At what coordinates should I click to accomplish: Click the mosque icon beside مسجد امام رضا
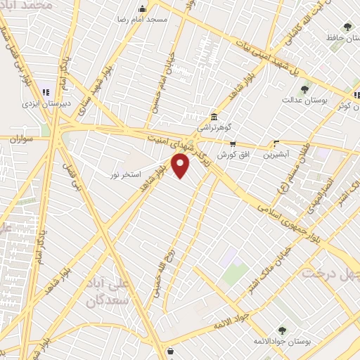click(x=143, y=9)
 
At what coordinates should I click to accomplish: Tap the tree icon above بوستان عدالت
click(x=304, y=89)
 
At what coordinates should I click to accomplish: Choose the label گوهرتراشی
click(x=214, y=127)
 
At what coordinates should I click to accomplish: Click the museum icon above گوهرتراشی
click(x=214, y=117)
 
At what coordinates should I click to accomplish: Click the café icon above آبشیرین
click(x=276, y=143)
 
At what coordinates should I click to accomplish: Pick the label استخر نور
click(x=127, y=173)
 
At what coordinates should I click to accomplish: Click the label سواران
click(x=22, y=139)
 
